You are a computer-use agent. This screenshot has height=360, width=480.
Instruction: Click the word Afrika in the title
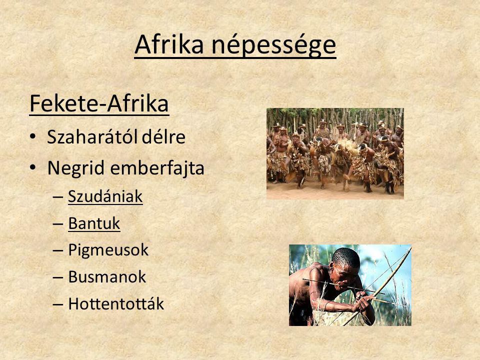tap(169, 44)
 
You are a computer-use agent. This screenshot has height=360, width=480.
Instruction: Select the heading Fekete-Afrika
tap(99, 104)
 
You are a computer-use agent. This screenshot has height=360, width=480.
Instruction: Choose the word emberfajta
tap(157, 168)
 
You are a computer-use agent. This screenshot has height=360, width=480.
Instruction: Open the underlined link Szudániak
tap(105, 196)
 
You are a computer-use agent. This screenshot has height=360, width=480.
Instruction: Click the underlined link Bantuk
tap(94, 223)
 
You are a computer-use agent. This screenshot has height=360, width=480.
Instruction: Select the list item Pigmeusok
tap(108, 250)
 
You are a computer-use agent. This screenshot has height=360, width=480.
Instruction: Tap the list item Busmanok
tap(107, 277)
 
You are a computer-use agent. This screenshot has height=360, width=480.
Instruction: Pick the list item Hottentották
tap(116, 303)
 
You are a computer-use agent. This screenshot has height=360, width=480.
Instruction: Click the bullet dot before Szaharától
tap(33, 136)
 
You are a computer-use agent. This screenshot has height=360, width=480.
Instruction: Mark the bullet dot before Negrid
tap(33, 168)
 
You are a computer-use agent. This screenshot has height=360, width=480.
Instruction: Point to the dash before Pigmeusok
tap(58, 250)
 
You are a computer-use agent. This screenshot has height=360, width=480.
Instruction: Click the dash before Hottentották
tap(58, 304)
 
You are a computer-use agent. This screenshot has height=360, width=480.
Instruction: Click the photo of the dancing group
tap(335, 153)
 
